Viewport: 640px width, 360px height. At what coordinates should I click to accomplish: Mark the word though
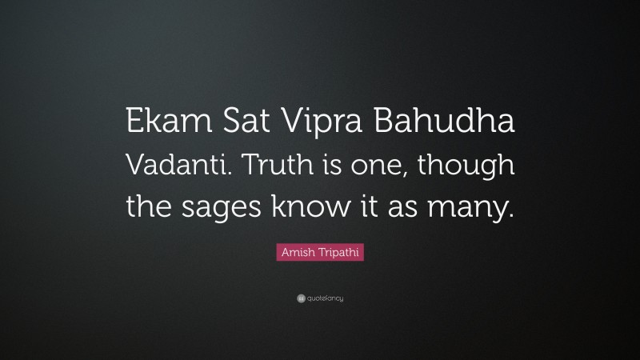click(x=466, y=169)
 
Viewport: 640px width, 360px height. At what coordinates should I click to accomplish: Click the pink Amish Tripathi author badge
click(x=320, y=251)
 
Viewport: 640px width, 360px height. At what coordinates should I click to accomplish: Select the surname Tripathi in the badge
click(x=336, y=251)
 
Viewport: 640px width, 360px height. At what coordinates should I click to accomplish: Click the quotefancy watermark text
click(x=325, y=298)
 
